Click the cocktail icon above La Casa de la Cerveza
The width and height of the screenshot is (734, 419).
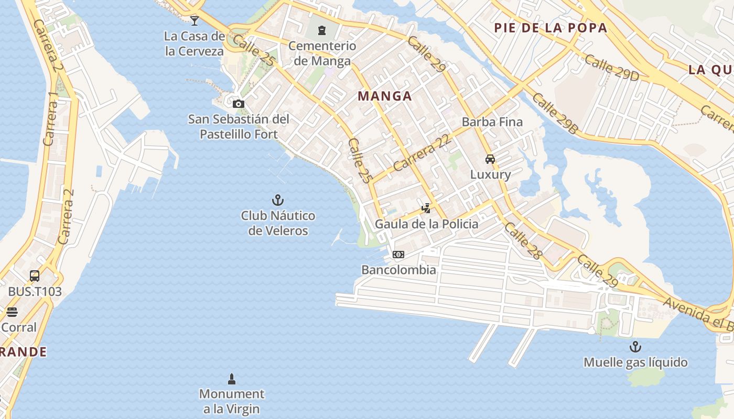pyautogui.click(x=195, y=20)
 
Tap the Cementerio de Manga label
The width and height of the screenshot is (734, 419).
pyautogui.click(x=322, y=53)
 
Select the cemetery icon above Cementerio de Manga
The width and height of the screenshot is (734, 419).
pyautogui.click(x=322, y=30)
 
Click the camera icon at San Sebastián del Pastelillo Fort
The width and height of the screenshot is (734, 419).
pyautogui.click(x=239, y=104)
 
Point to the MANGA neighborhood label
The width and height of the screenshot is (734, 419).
pyautogui.click(x=385, y=96)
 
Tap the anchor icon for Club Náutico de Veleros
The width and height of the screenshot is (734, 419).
pyautogui.click(x=278, y=200)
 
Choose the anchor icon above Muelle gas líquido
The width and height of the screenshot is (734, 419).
pyautogui.click(x=635, y=347)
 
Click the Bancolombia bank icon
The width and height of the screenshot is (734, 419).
pyautogui.click(x=398, y=255)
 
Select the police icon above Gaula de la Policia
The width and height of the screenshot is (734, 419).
pyautogui.click(x=426, y=208)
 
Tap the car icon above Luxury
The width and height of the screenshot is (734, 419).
pyautogui.click(x=490, y=159)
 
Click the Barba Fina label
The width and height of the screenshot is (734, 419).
pyautogui.click(x=492, y=122)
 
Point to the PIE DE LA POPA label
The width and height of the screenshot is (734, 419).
pyautogui.click(x=550, y=28)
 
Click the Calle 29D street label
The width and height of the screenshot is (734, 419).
pyautogui.click(x=612, y=68)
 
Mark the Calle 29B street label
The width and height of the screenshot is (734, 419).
pyautogui.click(x=554, y=114)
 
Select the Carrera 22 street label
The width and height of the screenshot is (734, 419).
pyautogui.click(x=422, y=153)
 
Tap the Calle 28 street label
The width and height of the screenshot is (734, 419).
pyautogui.click(x=522, y=241)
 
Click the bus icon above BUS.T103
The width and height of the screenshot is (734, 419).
pyautogui.click(x=35, y=276)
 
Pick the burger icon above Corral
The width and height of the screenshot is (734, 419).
pyautogui.click(x=12, y=312)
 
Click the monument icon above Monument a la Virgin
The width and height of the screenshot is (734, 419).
pyautogui.click(x=232, y=379)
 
